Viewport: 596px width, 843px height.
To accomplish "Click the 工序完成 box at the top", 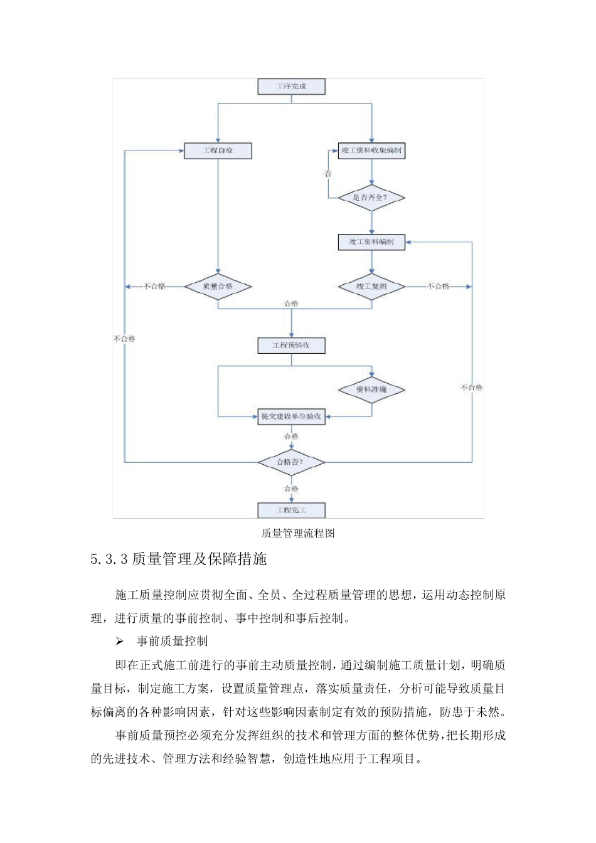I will point(291,87).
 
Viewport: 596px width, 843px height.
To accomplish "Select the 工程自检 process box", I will point(218,151).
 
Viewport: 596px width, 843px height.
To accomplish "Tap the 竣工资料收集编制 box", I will point(371,151).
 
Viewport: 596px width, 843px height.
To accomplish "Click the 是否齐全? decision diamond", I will point(371,198).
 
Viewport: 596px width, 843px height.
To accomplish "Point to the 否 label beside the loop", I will point(328,174).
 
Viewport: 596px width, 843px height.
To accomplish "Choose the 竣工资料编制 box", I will point(371,242).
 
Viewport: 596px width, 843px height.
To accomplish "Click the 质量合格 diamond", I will point(218,287).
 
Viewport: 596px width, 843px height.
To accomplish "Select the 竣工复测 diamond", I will point(371,287).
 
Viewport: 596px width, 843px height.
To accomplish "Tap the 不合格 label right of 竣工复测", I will point(439,287).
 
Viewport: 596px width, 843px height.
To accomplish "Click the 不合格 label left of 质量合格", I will point(154,287).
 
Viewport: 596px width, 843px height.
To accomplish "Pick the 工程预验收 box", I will point(291,346).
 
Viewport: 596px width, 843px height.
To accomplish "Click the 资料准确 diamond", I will point(371,390).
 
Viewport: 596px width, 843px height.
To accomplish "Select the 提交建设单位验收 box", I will point(291,416).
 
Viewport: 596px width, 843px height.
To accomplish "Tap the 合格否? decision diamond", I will point(291,462).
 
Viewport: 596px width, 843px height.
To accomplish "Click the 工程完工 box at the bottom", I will point(291,510).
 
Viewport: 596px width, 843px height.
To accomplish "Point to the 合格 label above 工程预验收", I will point(291,304).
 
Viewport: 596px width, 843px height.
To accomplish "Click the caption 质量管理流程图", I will point(298,533).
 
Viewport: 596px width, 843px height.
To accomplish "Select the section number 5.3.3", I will point(109,559).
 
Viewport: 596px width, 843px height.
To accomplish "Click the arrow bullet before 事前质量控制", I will point(120,642).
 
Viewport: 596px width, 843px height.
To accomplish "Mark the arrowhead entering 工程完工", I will point(291,500).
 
